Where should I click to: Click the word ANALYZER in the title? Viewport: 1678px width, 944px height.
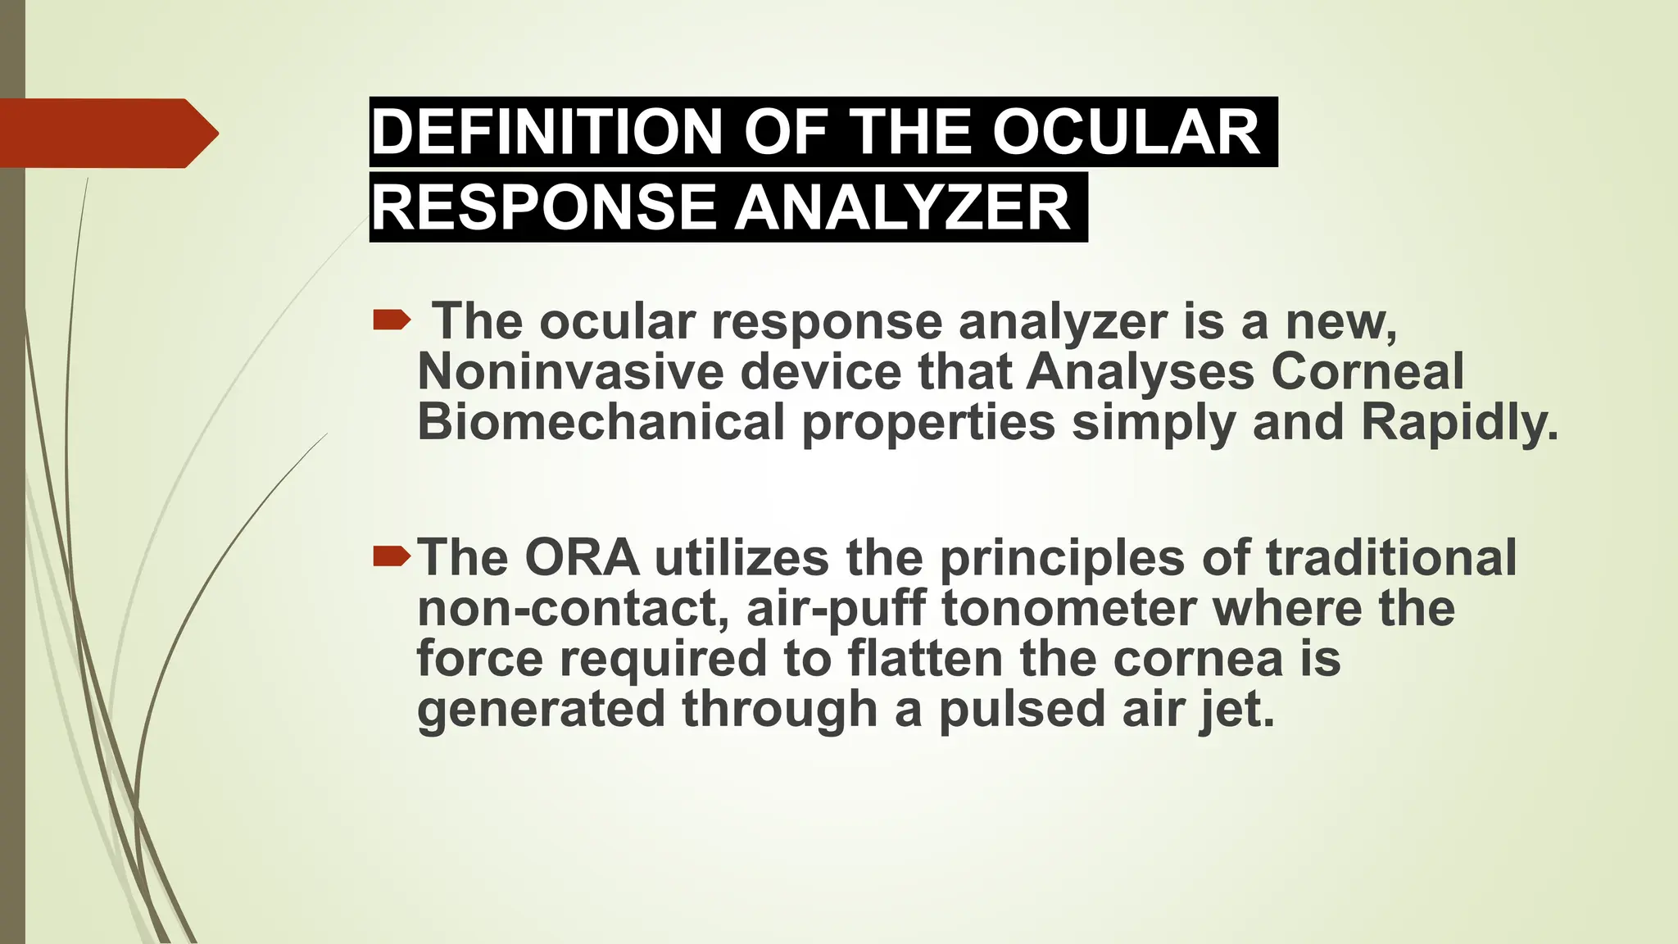tap(902, 207)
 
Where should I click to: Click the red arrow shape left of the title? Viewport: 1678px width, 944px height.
tap(107, 133)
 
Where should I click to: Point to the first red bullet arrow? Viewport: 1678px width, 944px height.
tap(391, 320)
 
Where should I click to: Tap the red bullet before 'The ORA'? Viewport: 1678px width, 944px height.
tap(391, 558)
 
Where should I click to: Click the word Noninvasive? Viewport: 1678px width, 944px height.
tap(570, 371)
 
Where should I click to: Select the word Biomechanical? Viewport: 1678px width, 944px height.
tap(601, 422)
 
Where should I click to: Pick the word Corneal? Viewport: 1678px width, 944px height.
tap(1367, 371)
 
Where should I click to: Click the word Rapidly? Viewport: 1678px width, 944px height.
tap(1458, 424)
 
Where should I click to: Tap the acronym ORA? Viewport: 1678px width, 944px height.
tap(582, 558)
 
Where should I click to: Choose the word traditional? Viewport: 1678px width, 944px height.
tap(1391, 558)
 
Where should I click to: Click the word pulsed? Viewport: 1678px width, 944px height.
tap(1022, 709)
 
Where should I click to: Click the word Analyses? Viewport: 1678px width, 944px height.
tap(1140, 371)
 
